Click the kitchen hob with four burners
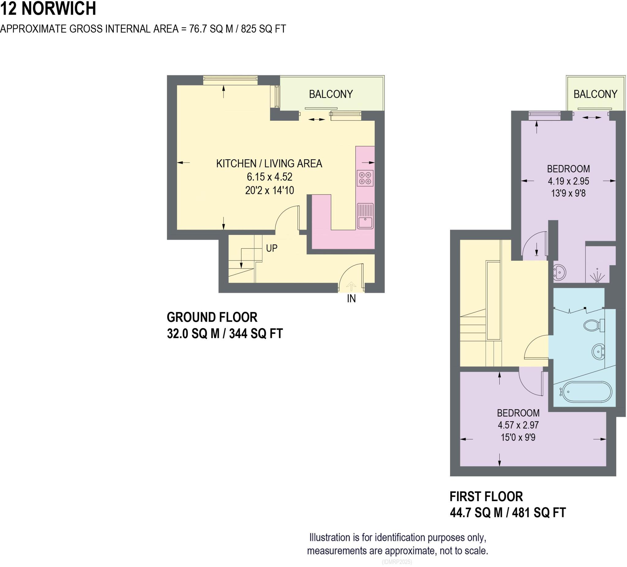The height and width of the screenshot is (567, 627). [x=365, y=178]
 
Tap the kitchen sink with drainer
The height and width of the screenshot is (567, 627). [x=365, y=216]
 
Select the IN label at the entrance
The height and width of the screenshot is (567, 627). [x=351, y=299]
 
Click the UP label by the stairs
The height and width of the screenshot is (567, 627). [x=272, y=248]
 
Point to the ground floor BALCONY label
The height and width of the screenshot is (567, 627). [x=331, y=94]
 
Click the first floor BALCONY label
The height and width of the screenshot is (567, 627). [x=595, y=94]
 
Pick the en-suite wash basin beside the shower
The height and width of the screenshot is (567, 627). [x=559, y=272]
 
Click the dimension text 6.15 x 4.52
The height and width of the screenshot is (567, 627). [x=269, y=177]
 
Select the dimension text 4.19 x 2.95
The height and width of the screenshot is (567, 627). [x=568, y=181]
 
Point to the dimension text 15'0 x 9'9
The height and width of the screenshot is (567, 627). [x=518, y=437]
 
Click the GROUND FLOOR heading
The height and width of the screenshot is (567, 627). [x=212, y=317]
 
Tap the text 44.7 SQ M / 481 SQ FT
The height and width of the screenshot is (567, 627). [x=508, y=512]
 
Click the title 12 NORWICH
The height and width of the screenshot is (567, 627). [x=48, y=9]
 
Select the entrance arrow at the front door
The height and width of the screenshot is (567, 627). [x=351, y=286]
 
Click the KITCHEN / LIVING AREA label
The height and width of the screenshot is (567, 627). [x=269, y=163]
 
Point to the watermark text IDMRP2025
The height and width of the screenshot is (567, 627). [x=396, y=562]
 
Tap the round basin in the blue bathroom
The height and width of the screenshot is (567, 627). [x=597, y=352]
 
